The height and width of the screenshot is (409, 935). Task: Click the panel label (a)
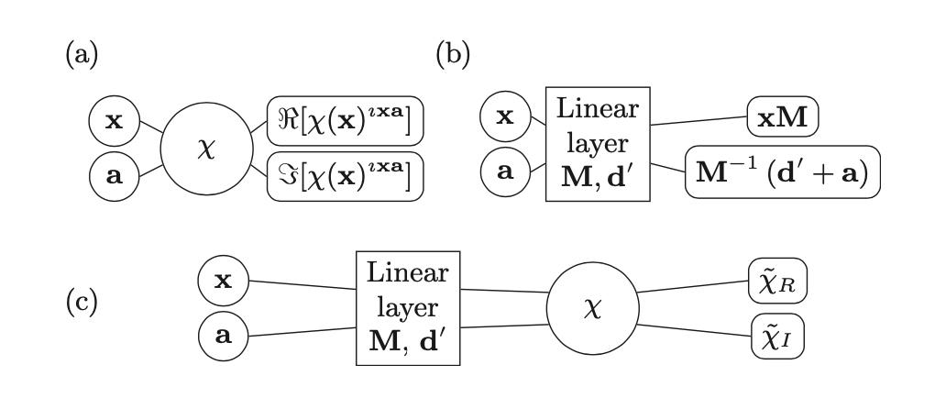(82, 55)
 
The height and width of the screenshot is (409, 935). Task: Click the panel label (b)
(453, 55)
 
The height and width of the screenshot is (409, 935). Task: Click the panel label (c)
(82, 303)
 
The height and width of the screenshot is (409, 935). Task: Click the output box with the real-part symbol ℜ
(346, 121)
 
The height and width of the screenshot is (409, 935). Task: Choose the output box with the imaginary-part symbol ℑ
(346, 176)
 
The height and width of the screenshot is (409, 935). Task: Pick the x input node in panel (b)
(505, 116)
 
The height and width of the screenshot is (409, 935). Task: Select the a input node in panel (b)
(505, 171)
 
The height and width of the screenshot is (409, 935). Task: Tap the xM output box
(783, 116)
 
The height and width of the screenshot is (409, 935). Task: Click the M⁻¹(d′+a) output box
(782, 171)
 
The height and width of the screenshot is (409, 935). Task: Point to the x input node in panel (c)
(224, 281)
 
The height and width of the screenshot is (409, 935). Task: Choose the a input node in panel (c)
(224, 336)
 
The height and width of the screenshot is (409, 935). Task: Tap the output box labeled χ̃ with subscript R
(777, 281)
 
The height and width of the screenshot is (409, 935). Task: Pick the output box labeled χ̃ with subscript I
(777, 337)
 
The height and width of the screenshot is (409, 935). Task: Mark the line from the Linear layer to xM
(698, 120)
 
